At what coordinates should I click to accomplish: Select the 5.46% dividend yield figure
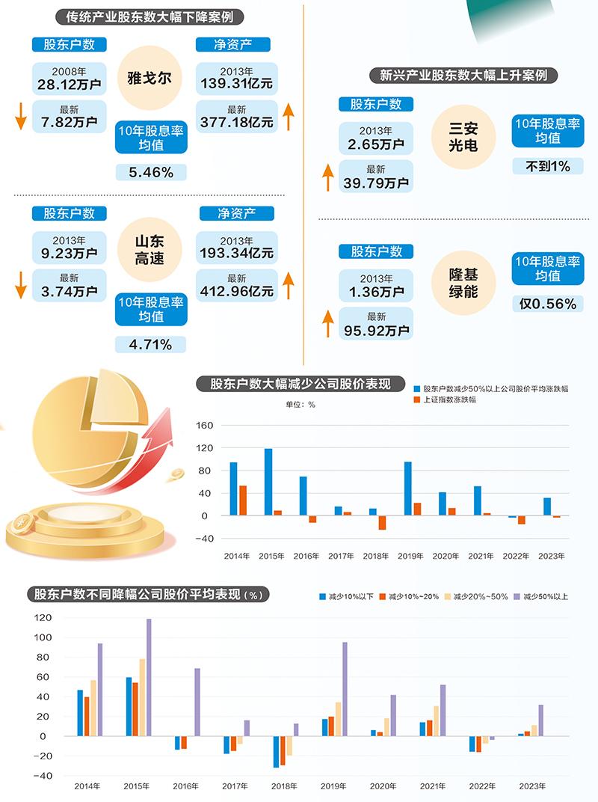click(151, 172)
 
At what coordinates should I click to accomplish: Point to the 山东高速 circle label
click(149, 250)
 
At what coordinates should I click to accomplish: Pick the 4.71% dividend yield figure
click(151, 344)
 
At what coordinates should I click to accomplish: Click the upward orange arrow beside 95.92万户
click(327, 323)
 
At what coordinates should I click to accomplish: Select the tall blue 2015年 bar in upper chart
click(268, 482)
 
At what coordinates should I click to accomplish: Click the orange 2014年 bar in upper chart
click(243, 501)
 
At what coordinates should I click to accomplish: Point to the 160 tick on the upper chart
click(205, 426)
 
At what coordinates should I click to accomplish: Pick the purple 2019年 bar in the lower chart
click(345, 688)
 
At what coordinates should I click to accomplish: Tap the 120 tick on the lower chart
click(43, 618)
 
